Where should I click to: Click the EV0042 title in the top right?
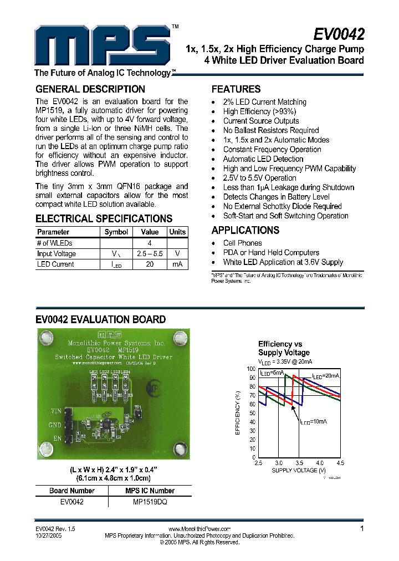pos(339,34)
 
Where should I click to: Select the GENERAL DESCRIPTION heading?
pos(90,89)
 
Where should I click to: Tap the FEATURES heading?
pos(236,89)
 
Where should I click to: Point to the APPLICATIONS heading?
pos(245,230)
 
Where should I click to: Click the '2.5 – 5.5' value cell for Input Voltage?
pos(150,253)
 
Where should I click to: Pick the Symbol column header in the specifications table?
pos(116,232)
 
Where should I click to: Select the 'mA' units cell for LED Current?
pos(177,264)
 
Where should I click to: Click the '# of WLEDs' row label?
pos(55,243)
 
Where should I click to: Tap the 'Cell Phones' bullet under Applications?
pos(242,243)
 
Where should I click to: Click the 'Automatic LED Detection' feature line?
pos(263,159)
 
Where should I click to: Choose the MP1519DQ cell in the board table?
pos(150,502)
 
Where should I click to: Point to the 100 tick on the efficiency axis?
pos(251,369)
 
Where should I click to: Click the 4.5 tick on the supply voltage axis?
pos(340,462)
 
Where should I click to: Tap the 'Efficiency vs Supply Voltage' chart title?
pos(284,348)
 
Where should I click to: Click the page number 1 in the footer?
pos(362,529)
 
